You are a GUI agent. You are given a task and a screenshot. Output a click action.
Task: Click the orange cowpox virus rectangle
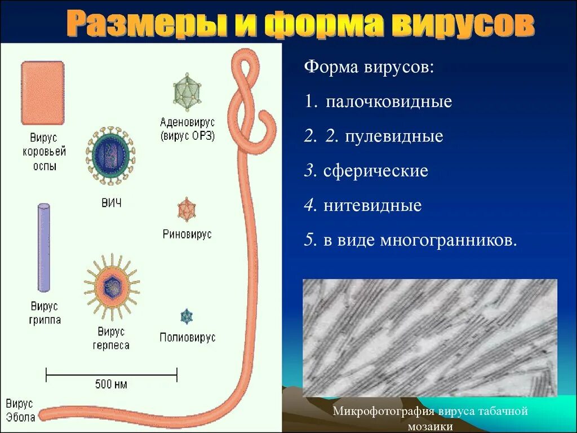click(x=42, y=92)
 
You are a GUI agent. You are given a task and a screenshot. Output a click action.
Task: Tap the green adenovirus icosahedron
click(x=188, y=91)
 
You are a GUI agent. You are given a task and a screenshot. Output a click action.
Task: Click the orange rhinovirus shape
click(x=187, y=210)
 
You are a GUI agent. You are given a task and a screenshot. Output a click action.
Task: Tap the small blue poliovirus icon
click(x=187, y=317)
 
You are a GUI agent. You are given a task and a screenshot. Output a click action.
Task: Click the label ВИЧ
click(x=111, y=203)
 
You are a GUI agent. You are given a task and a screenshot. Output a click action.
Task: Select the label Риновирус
click(x=187, y=235)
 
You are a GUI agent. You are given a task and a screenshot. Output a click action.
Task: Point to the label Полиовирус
click(x=187, y=338)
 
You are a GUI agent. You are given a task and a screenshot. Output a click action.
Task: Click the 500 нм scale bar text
click(x=111, y=385)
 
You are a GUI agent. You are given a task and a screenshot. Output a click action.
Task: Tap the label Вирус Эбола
click(x=20, y=410)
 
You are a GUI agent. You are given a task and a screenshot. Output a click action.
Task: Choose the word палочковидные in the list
click(x=389, y=102)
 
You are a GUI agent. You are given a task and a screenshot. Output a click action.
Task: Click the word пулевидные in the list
click(x=394, y=136)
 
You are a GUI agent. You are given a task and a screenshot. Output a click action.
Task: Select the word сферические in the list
click(x=376, y=171)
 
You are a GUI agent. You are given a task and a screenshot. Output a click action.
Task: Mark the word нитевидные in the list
click(x=372, y=205)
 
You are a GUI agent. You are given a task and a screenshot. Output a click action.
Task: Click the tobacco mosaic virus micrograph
click(x=429, y=338)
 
